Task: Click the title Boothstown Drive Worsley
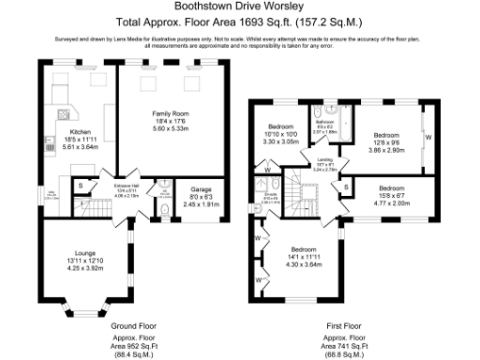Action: click(x=240, y=7)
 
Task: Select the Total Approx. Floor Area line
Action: click(x=240, y=20)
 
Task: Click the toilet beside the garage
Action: click(x=165, y=213)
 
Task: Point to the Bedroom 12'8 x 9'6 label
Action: click(x=383, y=135)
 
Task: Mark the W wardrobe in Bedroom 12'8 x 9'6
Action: click(x=427, y=138)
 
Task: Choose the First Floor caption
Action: click(x=336, y=325)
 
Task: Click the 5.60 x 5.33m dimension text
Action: click(x=172, y=129)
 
